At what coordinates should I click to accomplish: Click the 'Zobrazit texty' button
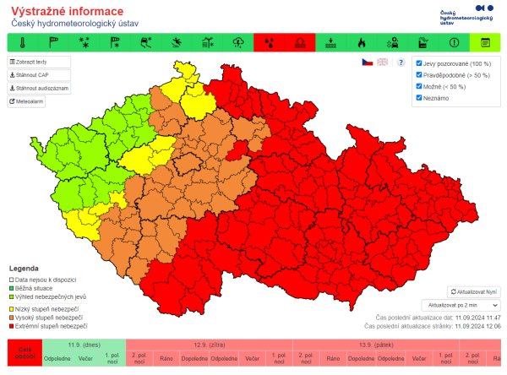pyautogui.click(x=39, y=62)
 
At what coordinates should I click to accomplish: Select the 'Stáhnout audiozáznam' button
pyautogui.click(x=39, y=88)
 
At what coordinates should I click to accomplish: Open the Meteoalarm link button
pyautogui.click(x=26, y=101)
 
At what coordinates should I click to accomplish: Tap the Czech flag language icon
pyautogui.click(x=367, y=62)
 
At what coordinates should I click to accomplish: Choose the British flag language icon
pyautogui.click(x=382, y=62)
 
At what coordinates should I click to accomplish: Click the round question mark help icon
pyautogui.click(x=401, y=62)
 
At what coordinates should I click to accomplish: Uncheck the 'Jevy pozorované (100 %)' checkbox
pyautogui.click(x=419, y=63)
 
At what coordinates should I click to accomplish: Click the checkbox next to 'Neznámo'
pyautogui.click(x=419, y=98)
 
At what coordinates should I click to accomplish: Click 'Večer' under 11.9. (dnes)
pyautogui.click(x=85, y=359)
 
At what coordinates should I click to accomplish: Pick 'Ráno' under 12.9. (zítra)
pyautogui.click(x=166, y=359)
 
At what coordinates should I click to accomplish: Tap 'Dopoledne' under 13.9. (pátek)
pyautogui.click(x=361, y=359)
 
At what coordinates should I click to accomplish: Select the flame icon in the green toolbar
pyautogui.click(x=361, y=42)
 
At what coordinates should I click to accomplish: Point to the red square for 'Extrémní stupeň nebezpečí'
pyautogui.click(x=11, y=325)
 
